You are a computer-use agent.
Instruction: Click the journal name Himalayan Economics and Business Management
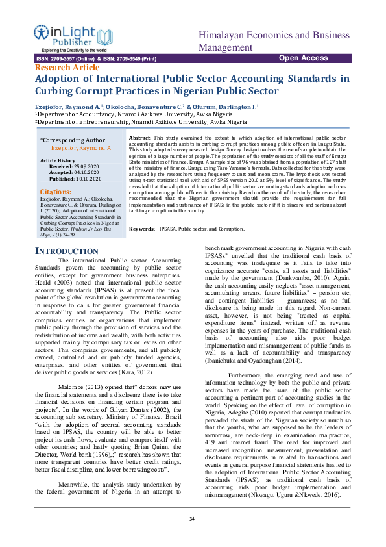pyautogui.click(x=274, y=41)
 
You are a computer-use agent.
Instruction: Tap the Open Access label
pyautogui.click(x=303, y=58)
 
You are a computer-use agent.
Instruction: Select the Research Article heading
pyautogui.click(x=67, y=67)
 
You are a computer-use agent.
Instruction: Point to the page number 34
pyautogui.click(x=192, y=518)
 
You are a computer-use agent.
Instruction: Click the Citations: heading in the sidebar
pyautogui.click(x=56, y=192)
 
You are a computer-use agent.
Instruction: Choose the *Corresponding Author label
pyautogui.click(x=72, y=140)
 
